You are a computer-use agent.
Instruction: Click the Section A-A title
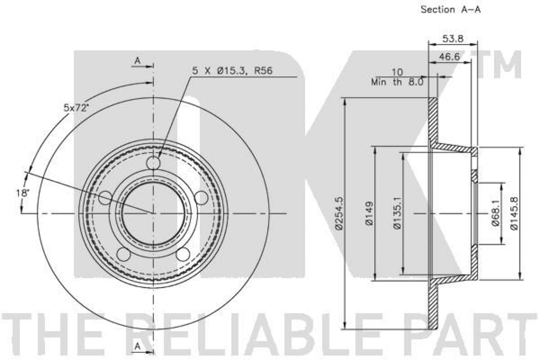(450, 9)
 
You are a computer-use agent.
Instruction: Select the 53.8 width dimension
(453, 38)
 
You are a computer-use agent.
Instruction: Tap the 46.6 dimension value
(449, 57)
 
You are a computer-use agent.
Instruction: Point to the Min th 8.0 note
(397, 82)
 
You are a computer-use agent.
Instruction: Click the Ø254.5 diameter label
(339, 213)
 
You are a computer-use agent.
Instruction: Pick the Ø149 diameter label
(369, 214)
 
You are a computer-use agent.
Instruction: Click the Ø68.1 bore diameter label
(496, 213)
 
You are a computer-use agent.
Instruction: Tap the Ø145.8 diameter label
(514, 214)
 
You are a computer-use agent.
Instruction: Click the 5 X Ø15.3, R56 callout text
(232, 71)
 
